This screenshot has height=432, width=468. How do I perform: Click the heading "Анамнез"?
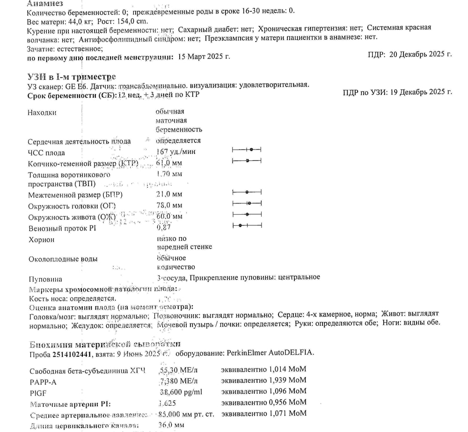45,3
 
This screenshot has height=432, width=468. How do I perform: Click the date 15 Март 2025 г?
202,57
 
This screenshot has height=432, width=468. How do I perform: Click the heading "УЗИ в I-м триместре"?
72,77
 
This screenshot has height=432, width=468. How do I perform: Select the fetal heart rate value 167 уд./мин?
176,151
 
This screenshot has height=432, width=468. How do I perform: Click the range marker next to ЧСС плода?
247,149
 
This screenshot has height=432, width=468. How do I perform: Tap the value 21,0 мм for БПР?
169,194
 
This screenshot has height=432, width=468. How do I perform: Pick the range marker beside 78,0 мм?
247,203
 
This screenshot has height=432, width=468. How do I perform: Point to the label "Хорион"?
41,240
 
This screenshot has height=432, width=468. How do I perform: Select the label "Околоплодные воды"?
63,259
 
